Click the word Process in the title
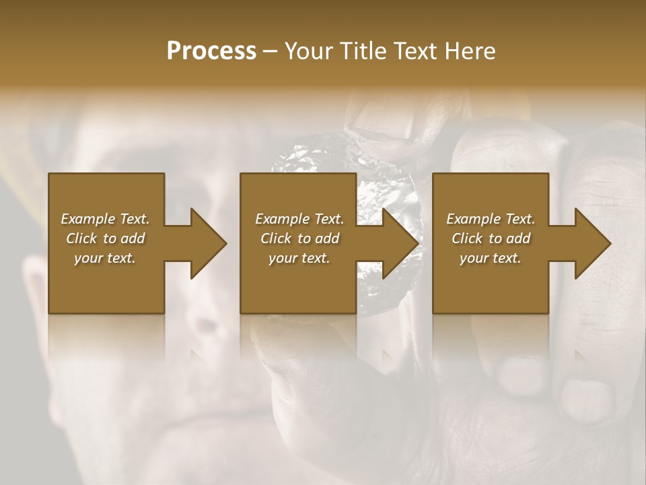coord(211,51)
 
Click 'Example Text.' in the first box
coord(105,219)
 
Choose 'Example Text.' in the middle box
coord(299,219)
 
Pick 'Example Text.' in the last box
coord(491,219)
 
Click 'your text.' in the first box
coord(105,258)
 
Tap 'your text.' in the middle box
coord(299,258)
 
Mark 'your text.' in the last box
coord(491,258)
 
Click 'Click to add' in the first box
coord(105,238)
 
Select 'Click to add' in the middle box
coord(299,238)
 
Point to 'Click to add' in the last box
coord(491,238)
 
